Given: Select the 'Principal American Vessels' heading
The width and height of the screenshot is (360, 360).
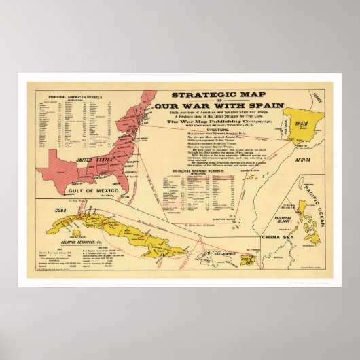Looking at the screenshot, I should tap(76, 96).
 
